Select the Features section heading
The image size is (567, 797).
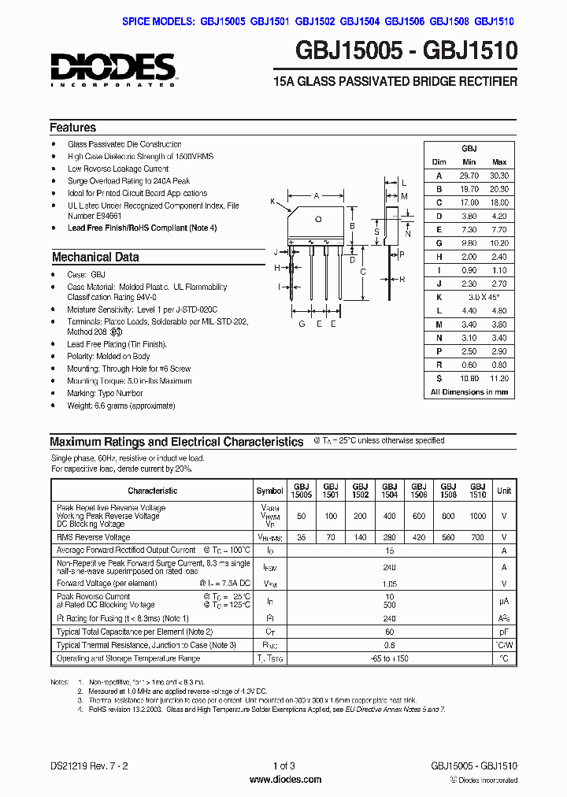point(72,128)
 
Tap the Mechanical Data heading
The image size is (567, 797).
point(95,257)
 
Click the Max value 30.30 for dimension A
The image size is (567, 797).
point(498,176)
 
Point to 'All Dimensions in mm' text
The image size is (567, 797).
point(469,391)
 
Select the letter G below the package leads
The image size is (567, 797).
point(302,324)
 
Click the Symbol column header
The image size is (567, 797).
point(270,491)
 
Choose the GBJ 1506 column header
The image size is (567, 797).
point(419,491)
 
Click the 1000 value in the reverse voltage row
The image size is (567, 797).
point(477,516)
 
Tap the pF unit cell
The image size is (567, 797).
point(503,632)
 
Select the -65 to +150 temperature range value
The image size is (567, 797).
point(389,658)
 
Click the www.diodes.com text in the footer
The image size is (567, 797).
point(284,780)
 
